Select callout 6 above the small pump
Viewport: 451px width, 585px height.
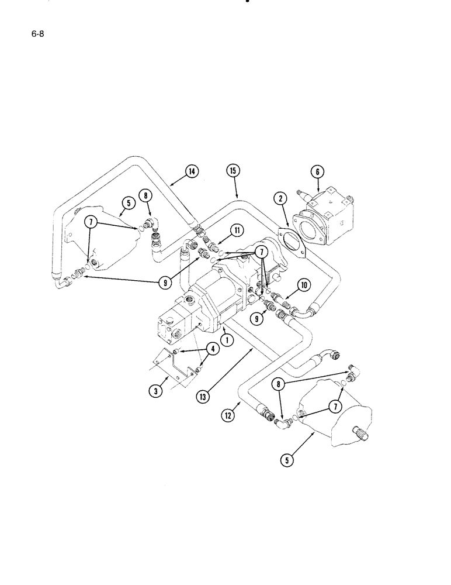coord(317,171)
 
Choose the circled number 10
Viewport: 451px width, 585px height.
coord(303,285)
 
